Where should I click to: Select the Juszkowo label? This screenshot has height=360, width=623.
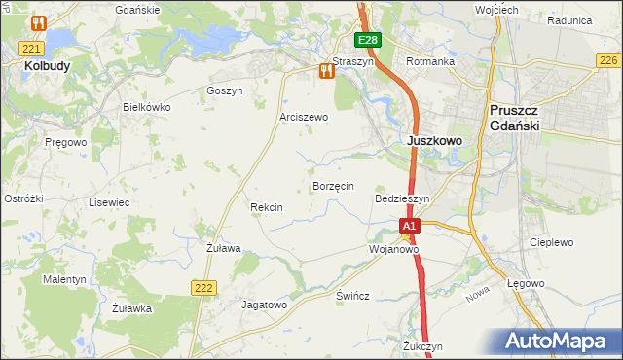coord(433,140)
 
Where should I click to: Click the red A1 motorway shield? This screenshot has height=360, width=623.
coord(410,226)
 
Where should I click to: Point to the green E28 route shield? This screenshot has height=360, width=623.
coord(367,40)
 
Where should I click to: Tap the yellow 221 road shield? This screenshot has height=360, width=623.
coord(32,48)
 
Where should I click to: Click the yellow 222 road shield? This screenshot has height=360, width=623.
coord(203,287)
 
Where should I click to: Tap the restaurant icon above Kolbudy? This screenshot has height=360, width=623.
coord(38,22)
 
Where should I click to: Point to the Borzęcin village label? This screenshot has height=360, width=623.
coord(333,185)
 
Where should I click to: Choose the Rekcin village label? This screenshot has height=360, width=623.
coord(266,207)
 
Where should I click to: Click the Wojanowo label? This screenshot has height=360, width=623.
coord(393,249)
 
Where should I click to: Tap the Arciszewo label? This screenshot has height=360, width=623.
coord(304,117)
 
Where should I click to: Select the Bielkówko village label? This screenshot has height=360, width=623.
coord(146,107)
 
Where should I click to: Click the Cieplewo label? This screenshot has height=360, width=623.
coord(551,242)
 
